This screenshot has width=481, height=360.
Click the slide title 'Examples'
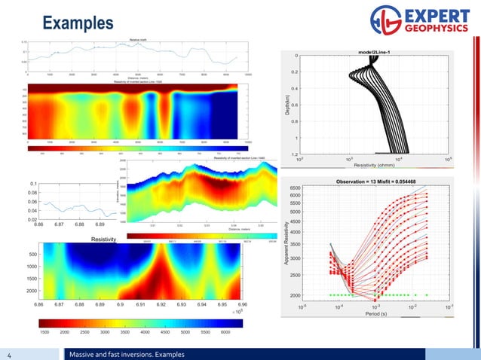point(78,23)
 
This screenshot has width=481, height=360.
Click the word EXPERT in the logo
point(434,16)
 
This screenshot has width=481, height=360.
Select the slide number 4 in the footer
point(10,354)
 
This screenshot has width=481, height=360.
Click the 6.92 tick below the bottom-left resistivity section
point(161,305)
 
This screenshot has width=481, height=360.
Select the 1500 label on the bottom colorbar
point(44,331)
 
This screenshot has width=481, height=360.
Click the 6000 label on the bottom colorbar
point(225,331)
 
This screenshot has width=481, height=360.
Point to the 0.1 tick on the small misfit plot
point(34,184)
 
